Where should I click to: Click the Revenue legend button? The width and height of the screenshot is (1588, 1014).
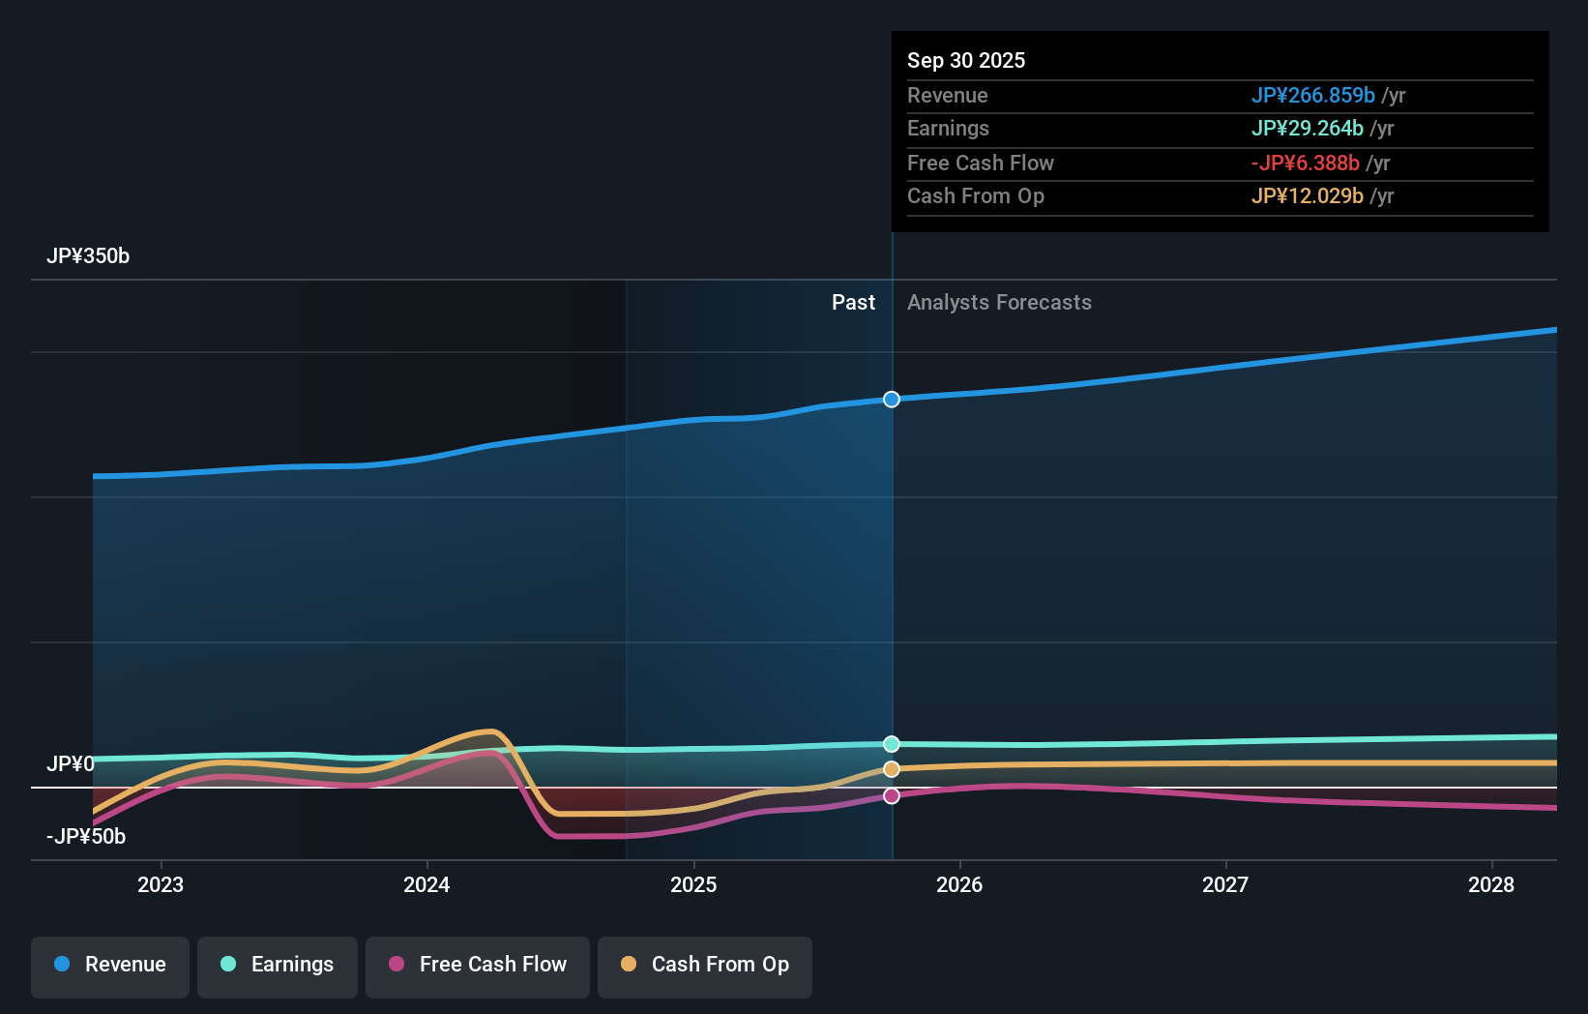click(x=110, y=966)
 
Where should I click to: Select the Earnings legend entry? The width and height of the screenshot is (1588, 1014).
click(x=278, y=966)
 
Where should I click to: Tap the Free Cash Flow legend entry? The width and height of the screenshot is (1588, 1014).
click(x=478, y=966)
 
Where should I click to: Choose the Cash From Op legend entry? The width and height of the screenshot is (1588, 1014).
click(x=705, y=966)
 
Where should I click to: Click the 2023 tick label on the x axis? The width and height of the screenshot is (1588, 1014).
click(x=161, y=885)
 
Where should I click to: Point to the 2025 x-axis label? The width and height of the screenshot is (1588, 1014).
click(x=693, y=885)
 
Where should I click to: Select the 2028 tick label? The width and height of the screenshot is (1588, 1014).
click(x=1491, y=885)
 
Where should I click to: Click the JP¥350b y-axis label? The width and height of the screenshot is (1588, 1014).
click(x=88, y=256)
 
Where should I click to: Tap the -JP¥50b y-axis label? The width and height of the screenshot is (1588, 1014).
click(x=86, y=837)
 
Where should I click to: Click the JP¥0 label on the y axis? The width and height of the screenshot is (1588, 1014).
click(x=70, y=764)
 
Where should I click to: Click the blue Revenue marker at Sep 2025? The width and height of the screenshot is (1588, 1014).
click(x=892, y=400)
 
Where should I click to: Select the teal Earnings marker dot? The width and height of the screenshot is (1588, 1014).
click(x=892, y=744)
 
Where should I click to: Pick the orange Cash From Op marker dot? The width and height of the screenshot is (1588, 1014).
click(x=892, y=769)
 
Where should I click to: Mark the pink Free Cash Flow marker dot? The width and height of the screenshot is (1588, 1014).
click(x=892, y=795)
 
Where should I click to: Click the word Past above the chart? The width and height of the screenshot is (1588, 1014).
click(x=853, y=303)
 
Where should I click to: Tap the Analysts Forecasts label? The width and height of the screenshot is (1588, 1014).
click(x=999, y=303)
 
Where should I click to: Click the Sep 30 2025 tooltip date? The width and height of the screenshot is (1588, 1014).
click(x=966, y=61)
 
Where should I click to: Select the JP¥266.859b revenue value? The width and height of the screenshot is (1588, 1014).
click(x=1312, y=96)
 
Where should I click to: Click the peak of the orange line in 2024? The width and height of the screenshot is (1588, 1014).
click(x=490, y=731)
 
